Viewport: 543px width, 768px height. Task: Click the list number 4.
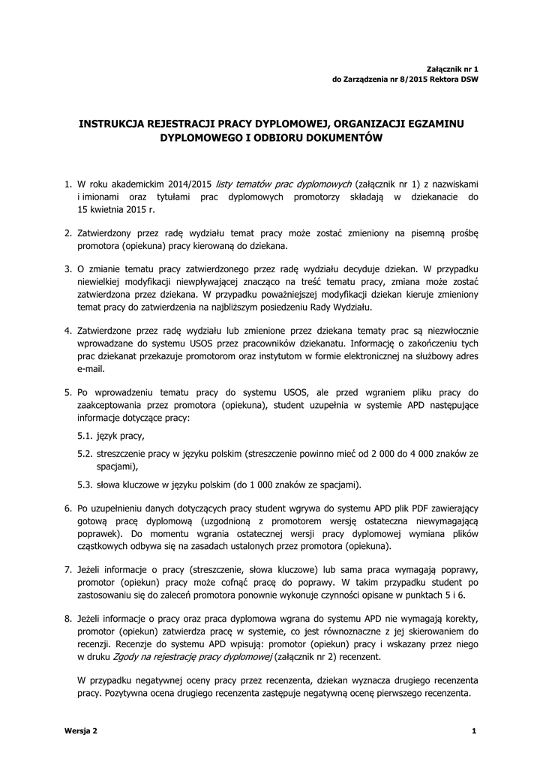coord(68,331)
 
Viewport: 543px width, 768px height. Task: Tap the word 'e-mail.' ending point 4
coord(92,367)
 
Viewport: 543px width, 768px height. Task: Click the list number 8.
coord(68,619)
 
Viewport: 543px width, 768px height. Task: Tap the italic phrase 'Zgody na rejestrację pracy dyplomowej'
coord(192,655)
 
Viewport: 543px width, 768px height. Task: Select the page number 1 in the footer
coord(475,730)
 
